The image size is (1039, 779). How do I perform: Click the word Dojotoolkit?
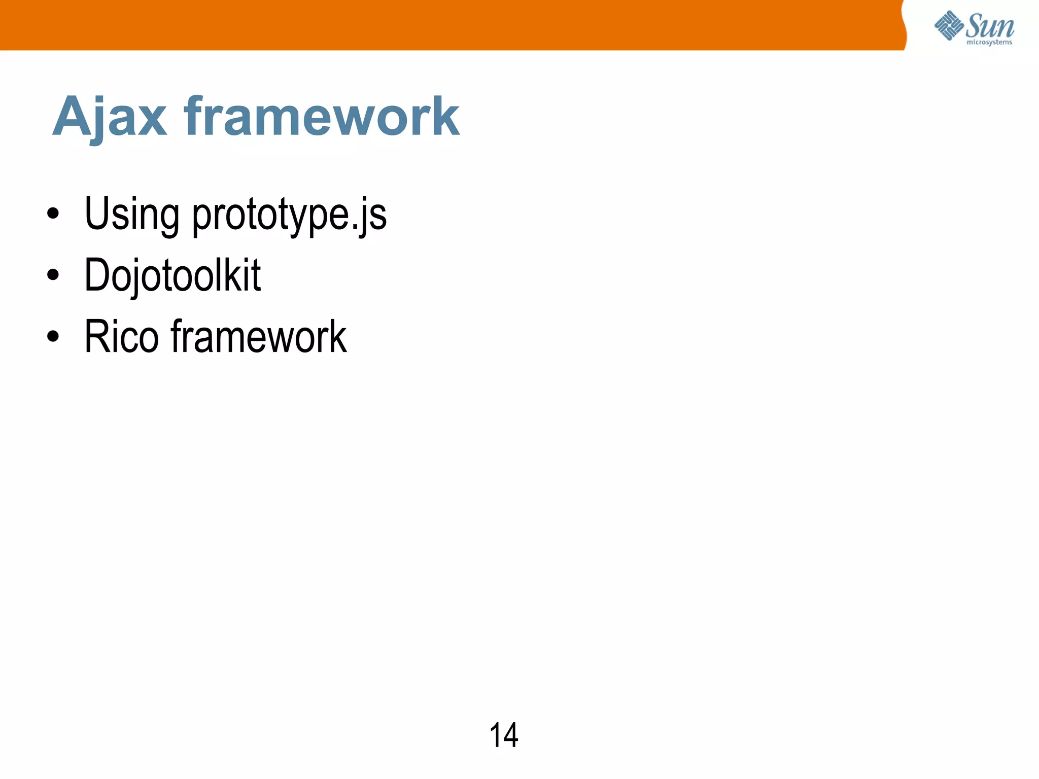click(172, 275)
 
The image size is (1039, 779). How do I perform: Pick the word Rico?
click(122, 337)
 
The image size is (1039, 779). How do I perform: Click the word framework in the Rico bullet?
click(259, 337)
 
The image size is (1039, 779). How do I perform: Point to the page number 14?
click(503, 735)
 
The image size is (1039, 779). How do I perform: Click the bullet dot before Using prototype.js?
click(53, 214)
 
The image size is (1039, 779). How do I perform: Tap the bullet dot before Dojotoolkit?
click(53, 275)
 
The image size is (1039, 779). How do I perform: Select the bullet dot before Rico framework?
click(53, 336)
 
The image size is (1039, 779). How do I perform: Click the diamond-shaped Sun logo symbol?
click(949, 25)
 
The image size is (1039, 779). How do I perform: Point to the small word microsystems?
click(989, 43)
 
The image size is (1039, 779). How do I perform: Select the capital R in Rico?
click(97, 337)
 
